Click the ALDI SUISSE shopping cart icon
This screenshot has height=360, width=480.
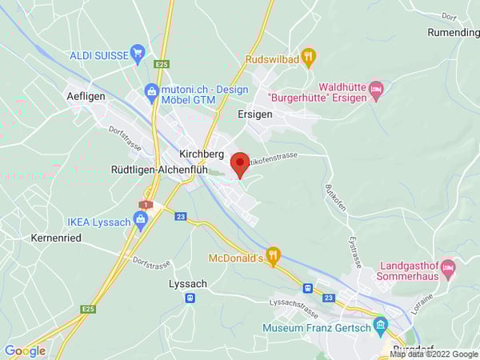point(138,54)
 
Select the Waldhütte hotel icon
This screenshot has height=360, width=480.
point(376,87)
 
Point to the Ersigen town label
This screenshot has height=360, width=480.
point(255,114)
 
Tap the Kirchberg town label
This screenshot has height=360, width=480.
point(202,153)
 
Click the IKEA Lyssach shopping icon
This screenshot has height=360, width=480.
point(142,222)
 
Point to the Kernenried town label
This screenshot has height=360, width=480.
point(56,238)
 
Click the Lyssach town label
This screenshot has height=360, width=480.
point(189,283)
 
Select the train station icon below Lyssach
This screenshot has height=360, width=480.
point(190,298)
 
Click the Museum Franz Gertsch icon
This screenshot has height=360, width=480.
point(380,326)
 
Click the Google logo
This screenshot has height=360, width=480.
point(25,350)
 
